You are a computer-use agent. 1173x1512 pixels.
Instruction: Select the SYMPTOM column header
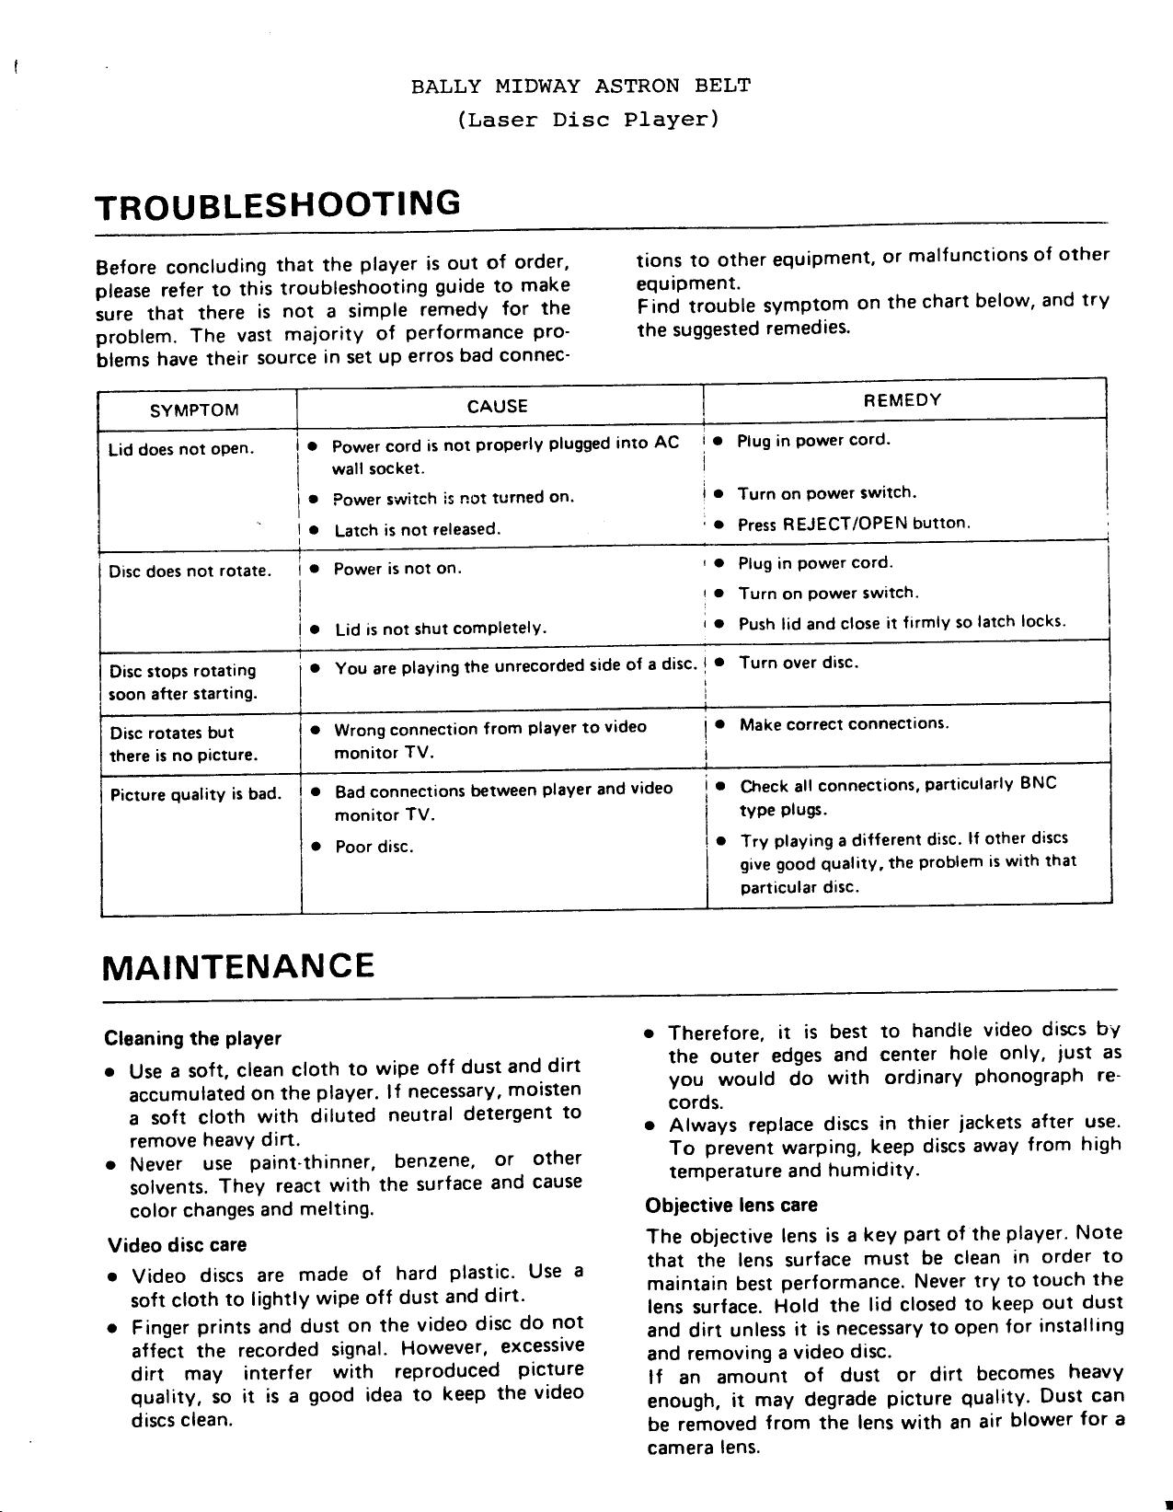(x=194, y=410)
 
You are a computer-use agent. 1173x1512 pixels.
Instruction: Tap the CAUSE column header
(x=498, y=407)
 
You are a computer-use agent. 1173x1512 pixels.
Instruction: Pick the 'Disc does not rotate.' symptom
(x=190, y=571)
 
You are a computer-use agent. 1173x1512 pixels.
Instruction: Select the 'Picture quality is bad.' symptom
(x=195, y=794)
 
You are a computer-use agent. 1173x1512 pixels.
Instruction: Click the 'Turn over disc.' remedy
(x=799, y=663)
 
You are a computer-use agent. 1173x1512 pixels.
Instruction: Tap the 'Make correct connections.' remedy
(x=844, y=724)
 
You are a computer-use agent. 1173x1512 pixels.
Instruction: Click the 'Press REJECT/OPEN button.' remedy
(x=855, y=525)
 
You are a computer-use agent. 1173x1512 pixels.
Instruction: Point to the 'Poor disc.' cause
(x=374, y=848)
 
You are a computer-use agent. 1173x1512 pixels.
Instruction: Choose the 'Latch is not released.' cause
(x=418, y=530)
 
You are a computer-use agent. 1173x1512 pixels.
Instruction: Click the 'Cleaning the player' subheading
(x=193, y=1040)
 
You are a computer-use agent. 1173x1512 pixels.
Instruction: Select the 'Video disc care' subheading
(x=178, y=1246)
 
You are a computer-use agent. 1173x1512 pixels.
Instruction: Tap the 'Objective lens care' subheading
(x=731, y=1206)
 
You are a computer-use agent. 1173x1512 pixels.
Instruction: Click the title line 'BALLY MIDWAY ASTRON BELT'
(x=581, y=87)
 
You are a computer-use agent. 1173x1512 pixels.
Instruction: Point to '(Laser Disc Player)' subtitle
(x=587, y=120)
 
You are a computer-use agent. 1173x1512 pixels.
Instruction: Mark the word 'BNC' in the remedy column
(x=1039, y=784)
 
